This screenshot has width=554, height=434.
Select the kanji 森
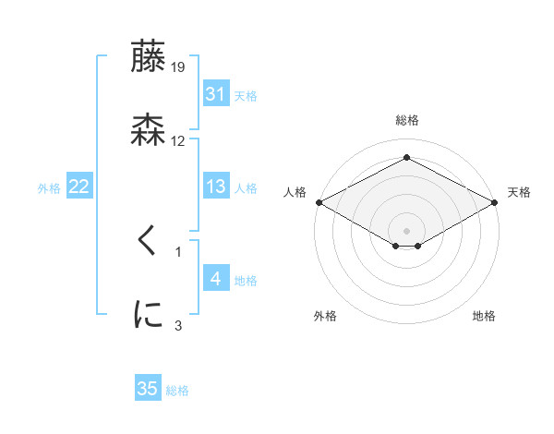149,130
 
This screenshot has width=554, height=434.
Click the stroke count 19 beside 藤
179,66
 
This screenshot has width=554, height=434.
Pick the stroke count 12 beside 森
178,140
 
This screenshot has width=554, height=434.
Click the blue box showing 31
216,94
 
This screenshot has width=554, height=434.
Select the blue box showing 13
216,187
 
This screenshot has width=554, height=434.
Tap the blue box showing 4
216,279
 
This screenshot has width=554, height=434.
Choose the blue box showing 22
79,187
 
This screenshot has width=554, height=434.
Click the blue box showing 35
148,389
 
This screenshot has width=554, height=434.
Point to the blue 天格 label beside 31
246,95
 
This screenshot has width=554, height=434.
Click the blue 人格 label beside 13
246,187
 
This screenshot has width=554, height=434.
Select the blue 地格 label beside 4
246,280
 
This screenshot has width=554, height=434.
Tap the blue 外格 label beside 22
49,187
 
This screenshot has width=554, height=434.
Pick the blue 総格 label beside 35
177,391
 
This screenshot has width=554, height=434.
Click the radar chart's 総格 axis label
406,120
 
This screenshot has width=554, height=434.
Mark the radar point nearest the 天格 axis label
496,202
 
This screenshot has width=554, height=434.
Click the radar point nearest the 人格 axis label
318,202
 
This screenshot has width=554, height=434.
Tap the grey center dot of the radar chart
406,230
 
